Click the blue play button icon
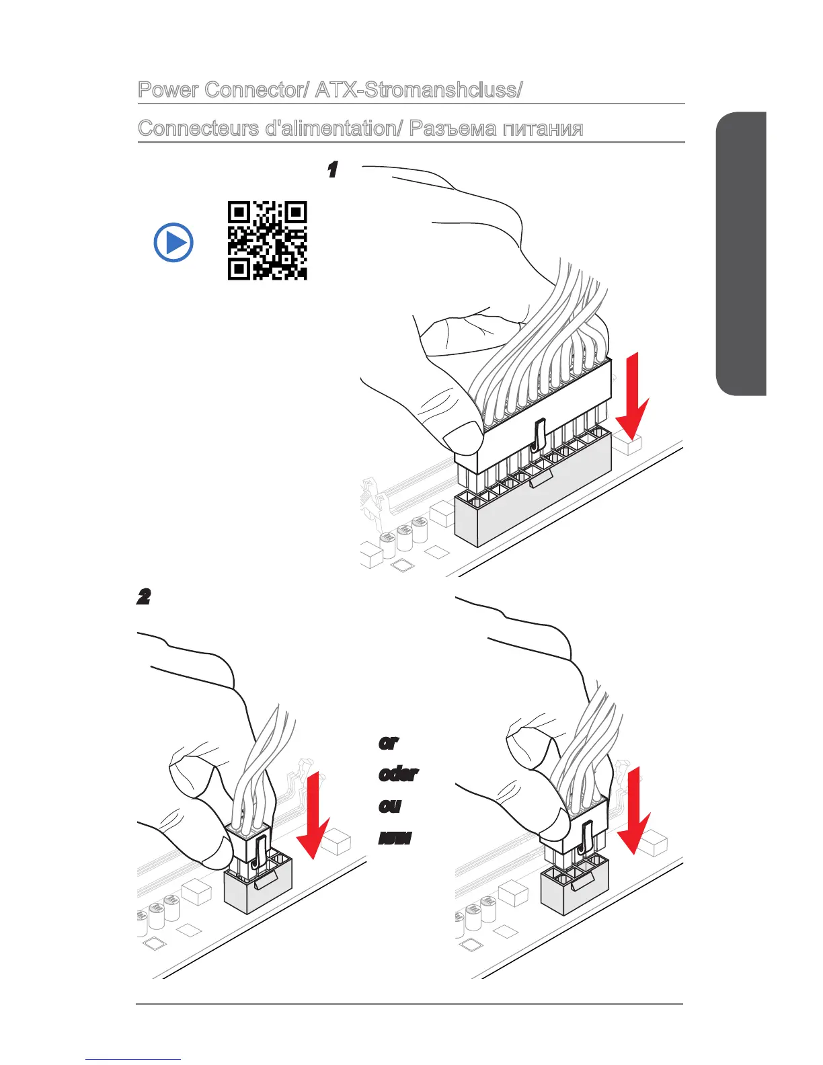pyautogui.click(x=173, y=243)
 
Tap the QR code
pyautogui.click(x=267, y=240)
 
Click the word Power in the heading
pyautogui.click(x=168, y=90)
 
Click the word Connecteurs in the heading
pyautogui.click(x=198, y=128)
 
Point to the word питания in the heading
pyautogui.click(x=543, y=128)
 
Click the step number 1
pyautogui.click(x=331, y=170)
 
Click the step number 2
pyautogui.click(x=143, y=597)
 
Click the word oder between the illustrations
pyautogui.click(x=398, y=774)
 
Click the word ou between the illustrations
pyautogui.click(x=389, y=805)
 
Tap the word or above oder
pyautogui.click(x=389, y=743)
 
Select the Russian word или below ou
pyautogui.click(x=395, y=838)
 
